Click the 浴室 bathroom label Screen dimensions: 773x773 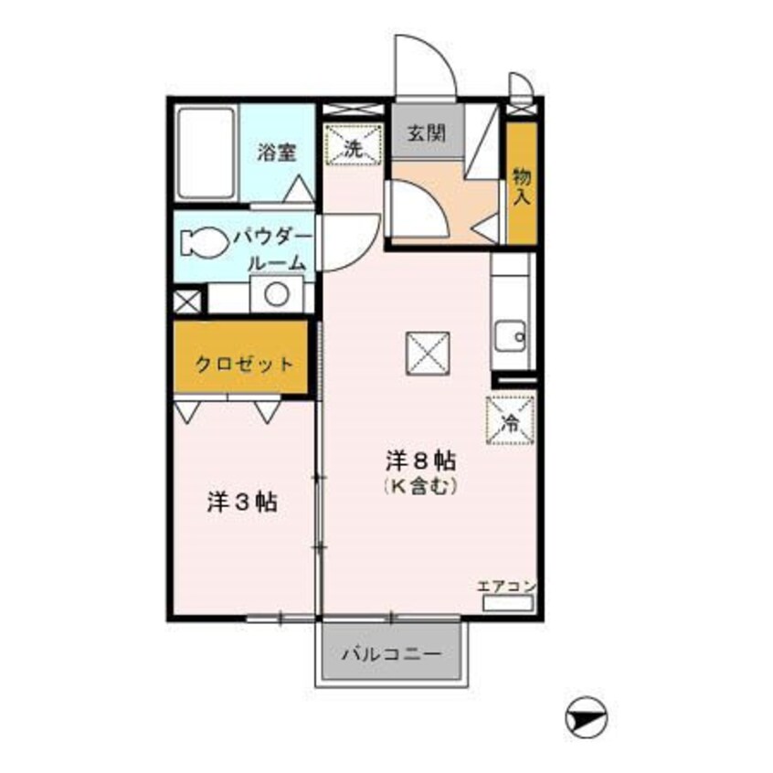277,153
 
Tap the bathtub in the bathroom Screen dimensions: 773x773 206,154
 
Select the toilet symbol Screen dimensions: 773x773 204,242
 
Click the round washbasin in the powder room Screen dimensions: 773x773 277,294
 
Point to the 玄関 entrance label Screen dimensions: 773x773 427,132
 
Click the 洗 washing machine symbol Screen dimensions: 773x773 354,143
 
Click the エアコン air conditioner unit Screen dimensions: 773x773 508,603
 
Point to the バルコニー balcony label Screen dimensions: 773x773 391,655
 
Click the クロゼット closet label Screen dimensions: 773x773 245,365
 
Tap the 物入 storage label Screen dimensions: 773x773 522,186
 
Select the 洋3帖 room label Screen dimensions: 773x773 242,503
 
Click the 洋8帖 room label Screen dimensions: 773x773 420,461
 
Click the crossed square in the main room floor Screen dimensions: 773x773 428,354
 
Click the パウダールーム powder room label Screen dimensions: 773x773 273,251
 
